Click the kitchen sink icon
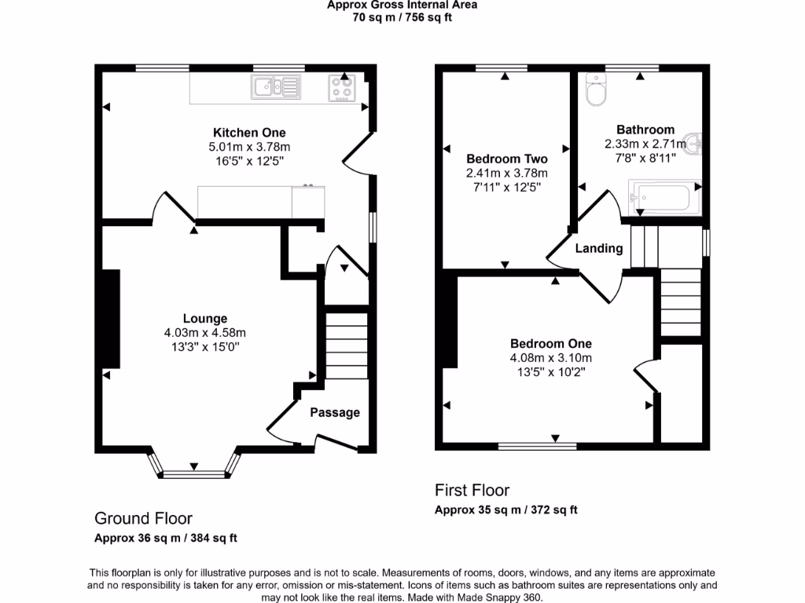(x=276, y=86)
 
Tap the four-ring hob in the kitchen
(x=342, y=86)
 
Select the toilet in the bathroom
(x=596, y=91)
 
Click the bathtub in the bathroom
(x=660, y=197)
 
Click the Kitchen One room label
(x=249, y=133)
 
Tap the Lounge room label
(x=205, y=319)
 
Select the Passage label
(x=335, y=412)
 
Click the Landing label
(x=599, y=248)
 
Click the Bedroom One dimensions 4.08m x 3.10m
(x=550, y=358)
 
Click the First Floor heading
(x=472, y=491)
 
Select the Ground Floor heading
(x=143, y=518)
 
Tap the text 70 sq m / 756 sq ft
(x=402, y=17)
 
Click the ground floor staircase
(x=347, y=345)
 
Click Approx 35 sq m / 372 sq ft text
(x=506, y=510)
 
